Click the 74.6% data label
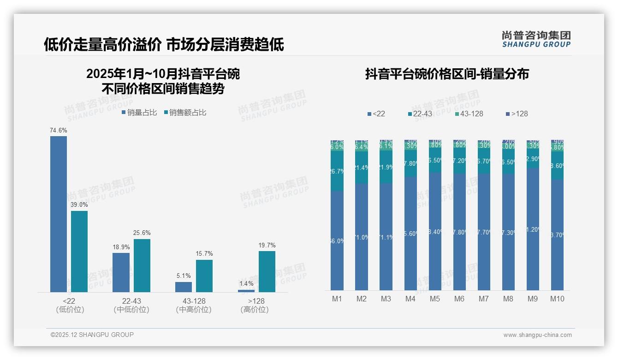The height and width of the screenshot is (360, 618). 59,131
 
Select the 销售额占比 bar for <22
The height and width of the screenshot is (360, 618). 79,251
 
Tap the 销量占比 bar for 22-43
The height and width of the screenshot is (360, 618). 121,272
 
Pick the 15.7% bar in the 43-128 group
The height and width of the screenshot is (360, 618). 204,276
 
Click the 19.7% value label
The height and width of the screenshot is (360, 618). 267,246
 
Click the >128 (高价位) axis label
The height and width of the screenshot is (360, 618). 254,305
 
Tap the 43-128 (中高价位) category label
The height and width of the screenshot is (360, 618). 194,305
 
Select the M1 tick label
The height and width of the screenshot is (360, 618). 337,299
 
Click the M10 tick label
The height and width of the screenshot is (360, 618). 557,299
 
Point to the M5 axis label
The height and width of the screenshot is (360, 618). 435,299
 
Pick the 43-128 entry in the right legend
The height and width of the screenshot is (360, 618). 469,114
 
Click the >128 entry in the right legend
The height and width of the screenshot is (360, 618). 517,114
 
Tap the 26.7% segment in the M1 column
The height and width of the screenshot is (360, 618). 337,171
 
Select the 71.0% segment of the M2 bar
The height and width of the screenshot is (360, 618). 362,237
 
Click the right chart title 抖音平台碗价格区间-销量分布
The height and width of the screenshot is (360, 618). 447,74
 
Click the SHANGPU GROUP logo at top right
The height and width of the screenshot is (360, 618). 536,39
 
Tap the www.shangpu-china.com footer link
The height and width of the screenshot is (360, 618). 537,335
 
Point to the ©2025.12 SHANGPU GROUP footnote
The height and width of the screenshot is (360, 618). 92,335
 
